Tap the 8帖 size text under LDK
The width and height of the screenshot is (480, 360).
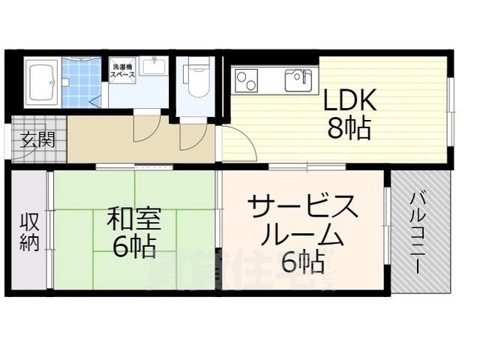pyautogui.click(x=348, y=129)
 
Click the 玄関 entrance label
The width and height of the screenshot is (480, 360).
pyautogui.click(x=36, y=139)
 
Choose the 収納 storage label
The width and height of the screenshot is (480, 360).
pyautogui.click(x=28, y=232)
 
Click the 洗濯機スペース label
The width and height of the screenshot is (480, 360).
pyautogui.click(x=123, y=70)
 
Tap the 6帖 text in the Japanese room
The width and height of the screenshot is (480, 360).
pyautogui.click(x=134, y=247)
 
